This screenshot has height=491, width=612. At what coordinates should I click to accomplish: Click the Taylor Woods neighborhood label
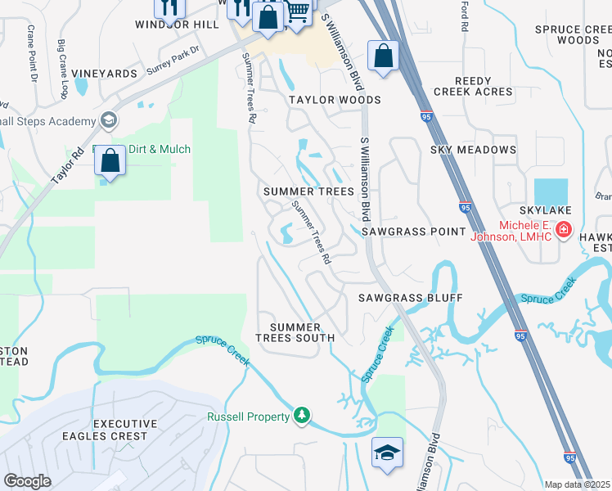point(335,100)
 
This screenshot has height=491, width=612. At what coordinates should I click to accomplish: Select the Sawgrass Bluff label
point(410,298)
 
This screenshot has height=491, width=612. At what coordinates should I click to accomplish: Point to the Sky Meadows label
point(474,150)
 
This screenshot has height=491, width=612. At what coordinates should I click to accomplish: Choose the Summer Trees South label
point(295,332)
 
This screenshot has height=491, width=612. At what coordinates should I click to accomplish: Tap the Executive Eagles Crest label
point(105,430)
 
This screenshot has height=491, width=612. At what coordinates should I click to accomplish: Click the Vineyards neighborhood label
point(105,74)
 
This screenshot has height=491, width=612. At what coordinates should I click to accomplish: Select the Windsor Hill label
point(177,25)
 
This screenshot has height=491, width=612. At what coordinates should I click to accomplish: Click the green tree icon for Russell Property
point(303,417)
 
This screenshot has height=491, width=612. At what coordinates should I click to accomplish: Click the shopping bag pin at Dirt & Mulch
point(110,160)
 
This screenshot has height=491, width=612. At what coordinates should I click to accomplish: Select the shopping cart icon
point(298,11)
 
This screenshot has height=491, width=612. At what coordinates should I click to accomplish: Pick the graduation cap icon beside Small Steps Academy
point(107,122)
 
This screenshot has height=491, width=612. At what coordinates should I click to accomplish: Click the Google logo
point(27,481)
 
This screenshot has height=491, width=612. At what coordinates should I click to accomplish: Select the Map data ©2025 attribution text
point(576,484)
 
